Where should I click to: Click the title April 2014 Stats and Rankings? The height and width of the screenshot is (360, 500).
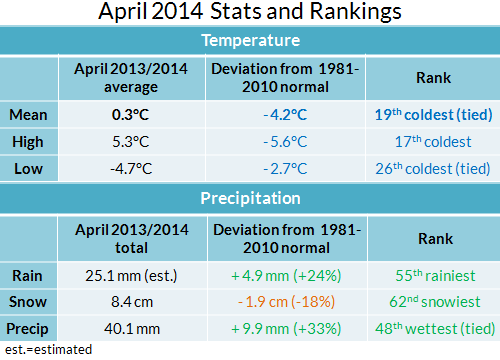250,12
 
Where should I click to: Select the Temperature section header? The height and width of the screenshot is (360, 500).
251,40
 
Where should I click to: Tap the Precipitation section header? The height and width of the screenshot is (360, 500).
250,198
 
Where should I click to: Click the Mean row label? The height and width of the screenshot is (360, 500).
28,115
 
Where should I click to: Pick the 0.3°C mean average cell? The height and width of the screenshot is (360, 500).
130,115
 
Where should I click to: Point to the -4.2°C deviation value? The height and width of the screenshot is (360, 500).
285,115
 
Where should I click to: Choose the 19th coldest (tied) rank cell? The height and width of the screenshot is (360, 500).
433,115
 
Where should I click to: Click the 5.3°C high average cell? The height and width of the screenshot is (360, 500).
131,142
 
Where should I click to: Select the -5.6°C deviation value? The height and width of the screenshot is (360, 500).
285,142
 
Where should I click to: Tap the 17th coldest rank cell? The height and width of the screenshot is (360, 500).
433,142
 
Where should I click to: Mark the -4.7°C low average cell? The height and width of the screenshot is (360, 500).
131,169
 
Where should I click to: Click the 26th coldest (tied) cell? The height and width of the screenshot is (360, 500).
433,169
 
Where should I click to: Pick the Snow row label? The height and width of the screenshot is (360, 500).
28,302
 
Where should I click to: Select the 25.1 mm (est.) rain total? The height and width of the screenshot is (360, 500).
131,276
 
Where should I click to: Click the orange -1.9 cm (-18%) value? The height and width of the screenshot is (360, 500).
286,302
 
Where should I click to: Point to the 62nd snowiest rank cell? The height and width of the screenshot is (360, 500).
435,302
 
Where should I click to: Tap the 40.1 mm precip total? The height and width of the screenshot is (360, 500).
132,329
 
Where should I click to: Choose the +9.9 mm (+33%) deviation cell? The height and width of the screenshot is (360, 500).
286,329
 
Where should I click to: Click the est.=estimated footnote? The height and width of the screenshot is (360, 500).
48,350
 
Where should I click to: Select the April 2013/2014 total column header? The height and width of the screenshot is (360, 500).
132,239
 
